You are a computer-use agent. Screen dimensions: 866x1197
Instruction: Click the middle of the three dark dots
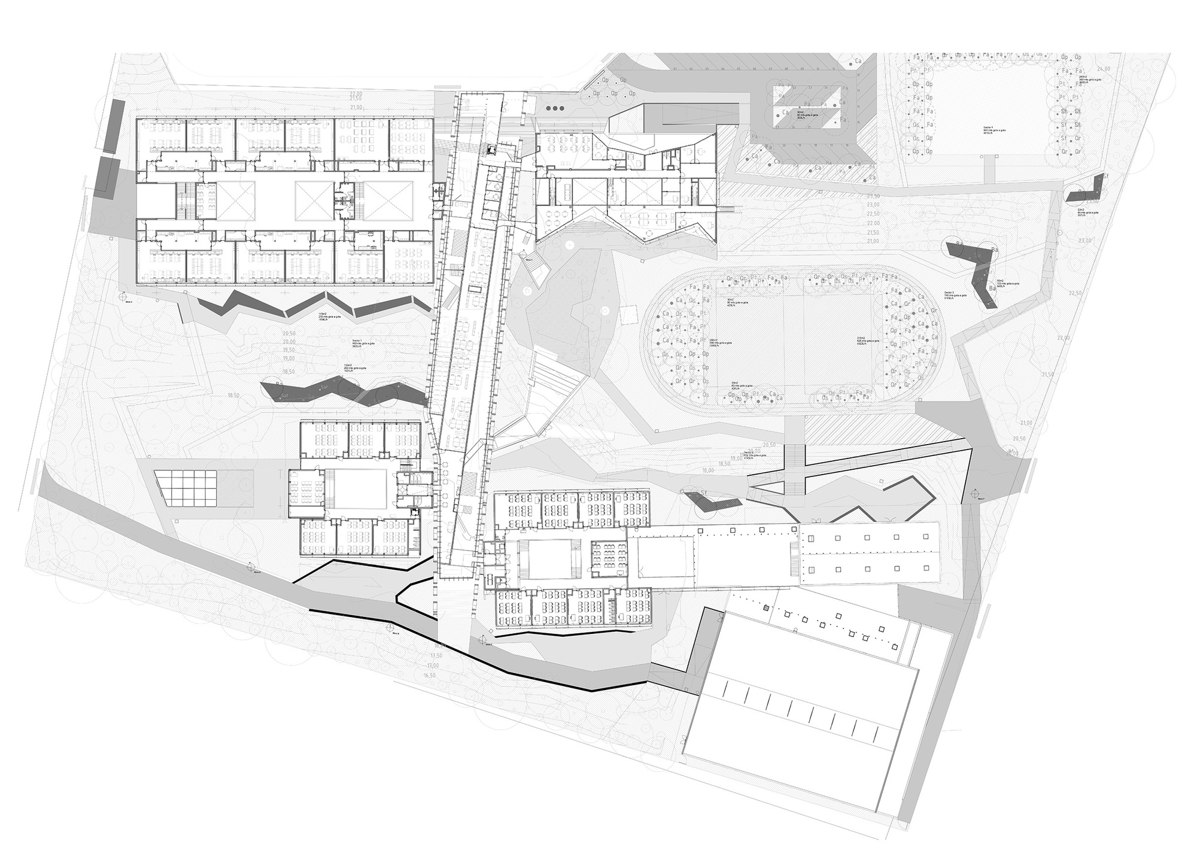tap(557, 108)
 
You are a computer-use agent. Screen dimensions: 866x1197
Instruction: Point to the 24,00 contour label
tap(1103, 69)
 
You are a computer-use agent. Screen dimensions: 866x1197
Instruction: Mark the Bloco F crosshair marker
tap(974, 494)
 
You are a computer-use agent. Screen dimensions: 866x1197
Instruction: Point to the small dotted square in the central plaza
tap(629, 311)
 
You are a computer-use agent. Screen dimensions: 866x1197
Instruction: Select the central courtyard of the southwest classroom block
tap(356, 489)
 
